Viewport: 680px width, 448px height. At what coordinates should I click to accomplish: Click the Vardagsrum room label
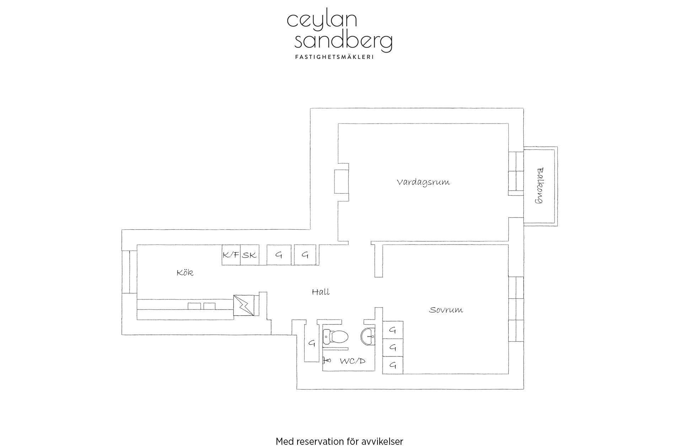coord(423,182)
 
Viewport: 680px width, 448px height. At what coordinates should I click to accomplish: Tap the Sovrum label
coord(446,310)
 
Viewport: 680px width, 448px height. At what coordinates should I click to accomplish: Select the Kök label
coord(185,273)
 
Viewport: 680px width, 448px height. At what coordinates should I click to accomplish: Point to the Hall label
coord(321,292)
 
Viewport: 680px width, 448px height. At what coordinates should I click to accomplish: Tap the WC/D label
coord(352,361)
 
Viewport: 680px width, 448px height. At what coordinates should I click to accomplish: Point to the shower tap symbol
coord(327,361)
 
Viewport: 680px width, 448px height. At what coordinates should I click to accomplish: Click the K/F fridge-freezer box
coord(231,255)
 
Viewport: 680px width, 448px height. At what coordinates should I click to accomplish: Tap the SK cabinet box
coord(250,255)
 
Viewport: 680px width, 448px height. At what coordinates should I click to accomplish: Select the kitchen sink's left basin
coord(194,306)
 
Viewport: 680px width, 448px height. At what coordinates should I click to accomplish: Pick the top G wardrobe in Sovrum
coord(393,330)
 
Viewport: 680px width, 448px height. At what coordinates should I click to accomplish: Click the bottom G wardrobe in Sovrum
coord(393,365)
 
